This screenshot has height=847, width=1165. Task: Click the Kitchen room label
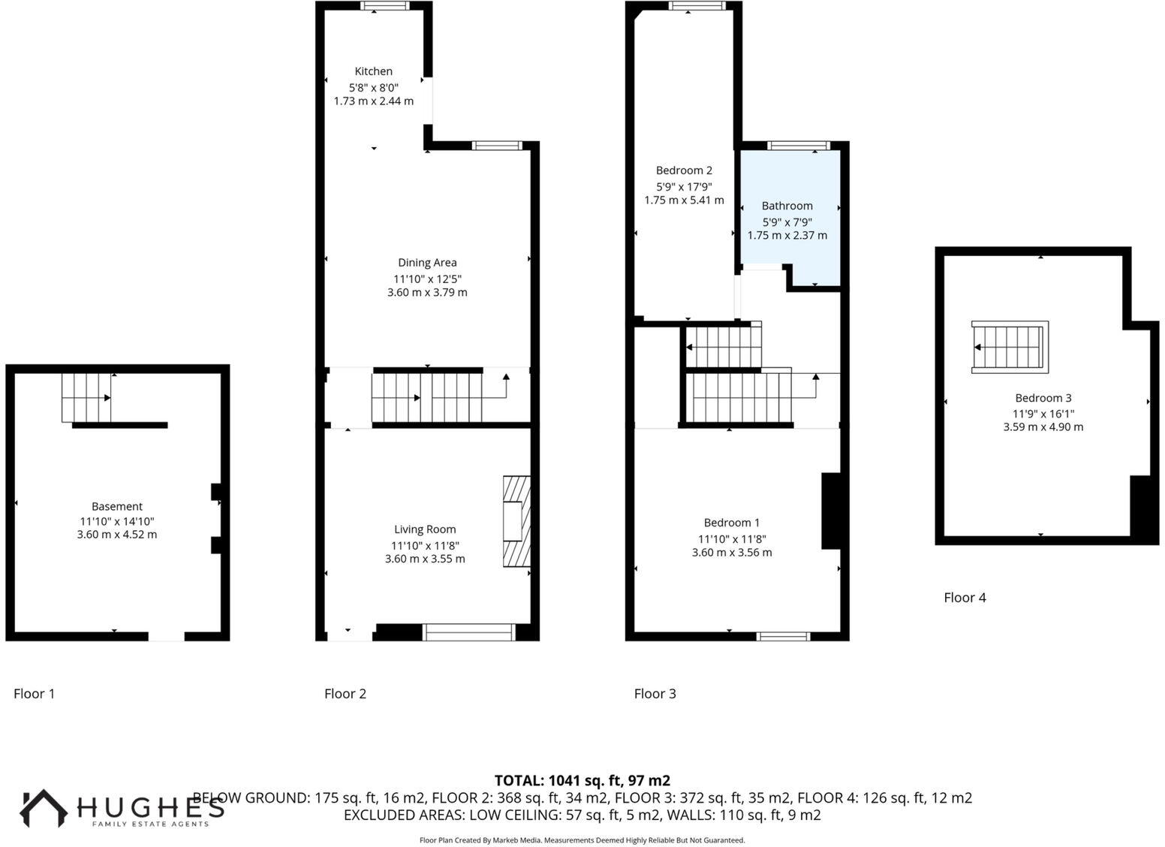[x=373, y=71]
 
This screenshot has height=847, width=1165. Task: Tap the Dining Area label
[x=427, y=263]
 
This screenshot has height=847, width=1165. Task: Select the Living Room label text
[x=425, y=529]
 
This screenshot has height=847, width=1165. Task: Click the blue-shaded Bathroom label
[x=787, y=206]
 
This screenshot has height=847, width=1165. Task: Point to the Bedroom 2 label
[x=684, y=170]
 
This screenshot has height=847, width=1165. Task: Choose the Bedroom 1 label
[x=731, y=523]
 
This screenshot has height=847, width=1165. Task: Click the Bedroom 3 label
[x=1043, y=398]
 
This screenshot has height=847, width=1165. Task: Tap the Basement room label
[x=117, y=507]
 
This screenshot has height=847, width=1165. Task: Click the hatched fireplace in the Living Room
[x=516, y=521]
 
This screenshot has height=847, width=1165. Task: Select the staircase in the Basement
[x=86, y=398]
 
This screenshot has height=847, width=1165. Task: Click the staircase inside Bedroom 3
[x=1010, y=347]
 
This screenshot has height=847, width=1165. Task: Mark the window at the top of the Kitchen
[x=384, y=6]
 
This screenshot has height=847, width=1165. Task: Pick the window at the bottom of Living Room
[x=468, y=632]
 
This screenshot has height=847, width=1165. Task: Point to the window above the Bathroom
[x=798, y=146]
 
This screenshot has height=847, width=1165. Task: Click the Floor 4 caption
[x=965, y=598]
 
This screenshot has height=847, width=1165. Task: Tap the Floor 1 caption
[x=34, y=694]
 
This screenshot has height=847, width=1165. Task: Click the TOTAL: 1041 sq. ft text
[x=582, y=780]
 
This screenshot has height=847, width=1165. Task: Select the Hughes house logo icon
[x=43, y=808]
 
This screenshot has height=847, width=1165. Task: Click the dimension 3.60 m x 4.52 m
[x=117, y=535]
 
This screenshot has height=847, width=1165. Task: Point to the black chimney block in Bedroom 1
[x=830, y=511]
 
